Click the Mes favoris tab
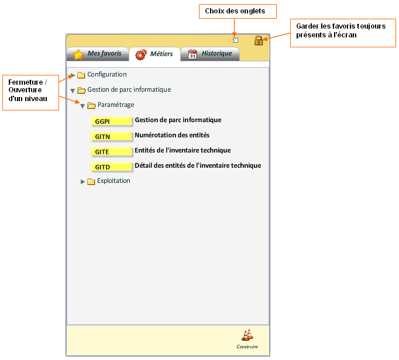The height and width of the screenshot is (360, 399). coord(98,54)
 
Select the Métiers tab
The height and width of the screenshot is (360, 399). coord(154,54)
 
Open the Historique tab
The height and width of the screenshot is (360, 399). coord(210,54)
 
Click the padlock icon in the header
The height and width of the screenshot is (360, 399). coord(259,40)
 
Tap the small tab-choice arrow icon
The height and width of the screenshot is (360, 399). coord(236,40)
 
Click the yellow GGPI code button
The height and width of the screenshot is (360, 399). coord(111,122)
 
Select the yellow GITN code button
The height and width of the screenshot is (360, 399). coord(111,137)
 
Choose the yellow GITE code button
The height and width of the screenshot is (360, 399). coord(111,152)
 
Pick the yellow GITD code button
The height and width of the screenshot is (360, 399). coord(111,167)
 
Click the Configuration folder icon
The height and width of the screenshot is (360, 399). coord(81,75)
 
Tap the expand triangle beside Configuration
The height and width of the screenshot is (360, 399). coord(73,75)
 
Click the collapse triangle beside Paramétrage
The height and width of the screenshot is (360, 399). coord(82,106)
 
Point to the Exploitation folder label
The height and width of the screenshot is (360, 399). coord(113,181)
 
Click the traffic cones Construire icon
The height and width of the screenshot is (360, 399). coord(247,335)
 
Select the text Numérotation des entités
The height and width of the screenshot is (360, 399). coord(172,135)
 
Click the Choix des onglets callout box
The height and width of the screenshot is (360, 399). coord(238,12)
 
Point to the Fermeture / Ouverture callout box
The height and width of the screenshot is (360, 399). coord(30,92)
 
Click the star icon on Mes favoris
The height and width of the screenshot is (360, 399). coord(78,54)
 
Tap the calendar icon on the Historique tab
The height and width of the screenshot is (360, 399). coord(192,54)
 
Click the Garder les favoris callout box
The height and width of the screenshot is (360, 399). coord(343,33)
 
